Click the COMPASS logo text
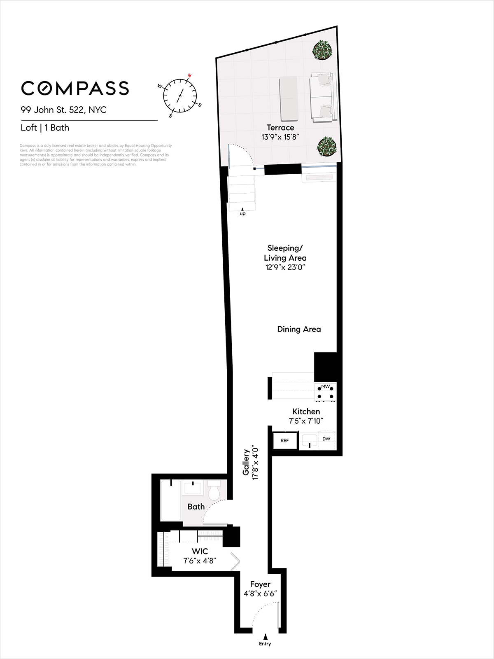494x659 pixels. pyautogui.click(x=75, y=88)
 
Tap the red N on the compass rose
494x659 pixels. pyautogui.click(x=189, y=75)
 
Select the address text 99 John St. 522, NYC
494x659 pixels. pyautogui.click(x=64, y=110)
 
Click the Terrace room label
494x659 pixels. pyautogui.click(x=280, y=128)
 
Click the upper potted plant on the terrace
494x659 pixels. pyautogui.click(x=322, y=50)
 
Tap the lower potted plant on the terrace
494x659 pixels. pyautogui.click(x=326, y=146)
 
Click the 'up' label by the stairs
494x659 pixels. pyautogui.click(x=242, y=214)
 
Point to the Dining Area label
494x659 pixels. pyautogui.click(x=299, y=329)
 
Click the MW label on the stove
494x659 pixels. pyautogui.click(x=326, y=386)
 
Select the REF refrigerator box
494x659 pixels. pyautogui.click(x=284, y=441)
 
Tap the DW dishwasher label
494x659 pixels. pyautogui.click(x=326, y=439)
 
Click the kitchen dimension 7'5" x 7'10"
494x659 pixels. pyautogui.click(x=306, y=421)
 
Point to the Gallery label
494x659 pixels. pyautogui.click(x=246, y=462)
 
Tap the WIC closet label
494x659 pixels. pyautogui.click(x=200, y=551)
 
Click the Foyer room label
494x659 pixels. pyautogui.click(x=260, y=584)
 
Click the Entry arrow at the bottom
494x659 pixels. pyautogui.click(x=266, y=637)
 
